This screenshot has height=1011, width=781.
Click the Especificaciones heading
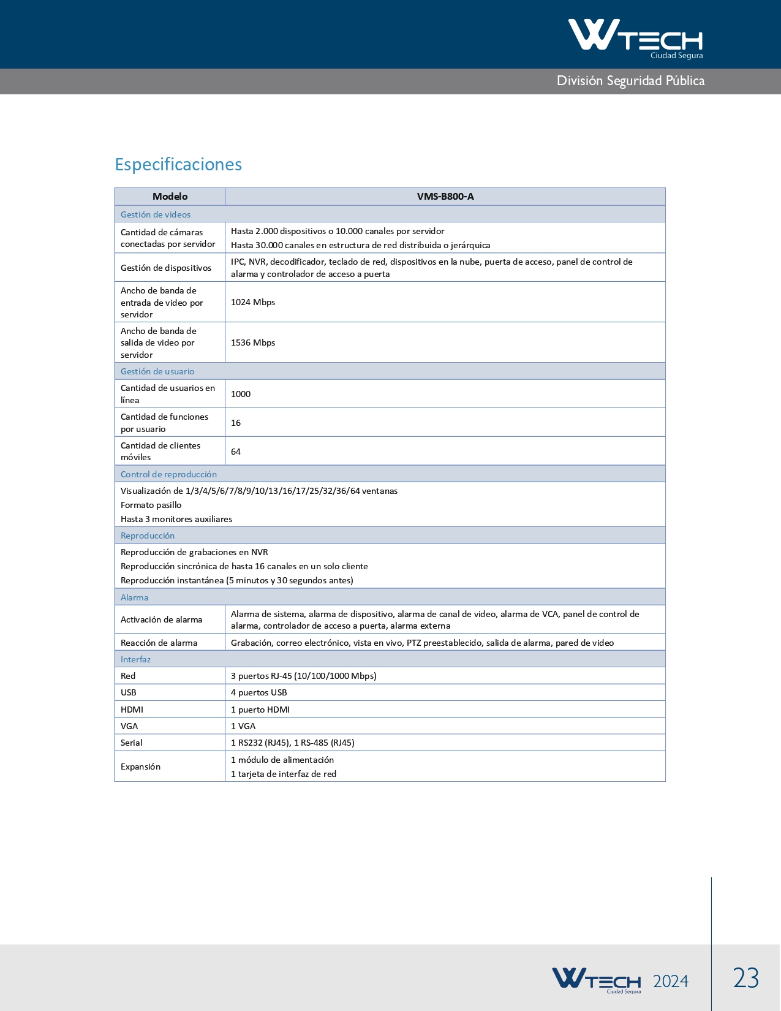[x=178, y=164]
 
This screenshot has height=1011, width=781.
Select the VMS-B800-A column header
[x=445, y=197]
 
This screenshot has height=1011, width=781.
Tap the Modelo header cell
[x=170, y=197]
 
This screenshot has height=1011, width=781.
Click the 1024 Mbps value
[x=253, y=302]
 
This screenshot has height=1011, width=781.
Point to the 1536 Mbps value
[x=253, y=343]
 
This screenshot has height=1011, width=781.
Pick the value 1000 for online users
[x=241, y=394]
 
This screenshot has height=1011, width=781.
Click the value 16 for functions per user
[x=236, y=423]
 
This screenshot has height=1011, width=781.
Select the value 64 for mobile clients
[x=236, y=452]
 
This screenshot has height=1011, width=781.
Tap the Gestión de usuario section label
[x=157, y=371]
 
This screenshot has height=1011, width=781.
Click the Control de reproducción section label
[x=168, y=474]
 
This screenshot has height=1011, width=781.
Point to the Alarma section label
[x=134, y=597]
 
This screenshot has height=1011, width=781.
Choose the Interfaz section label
[x=135, y=659]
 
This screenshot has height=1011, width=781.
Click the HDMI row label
[x=132, y=710]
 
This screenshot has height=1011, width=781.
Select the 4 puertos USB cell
[x=259, y=692]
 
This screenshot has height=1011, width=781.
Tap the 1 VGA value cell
[x=243, y=726]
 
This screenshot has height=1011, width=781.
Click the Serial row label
[x=132, y=743]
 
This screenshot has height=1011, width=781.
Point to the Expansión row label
[x=140, y=767]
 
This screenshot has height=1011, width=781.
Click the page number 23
[x=746, y=978]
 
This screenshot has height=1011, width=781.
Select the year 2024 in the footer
[x=671, y=981]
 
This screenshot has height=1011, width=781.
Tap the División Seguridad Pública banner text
[x=630, y=81]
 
